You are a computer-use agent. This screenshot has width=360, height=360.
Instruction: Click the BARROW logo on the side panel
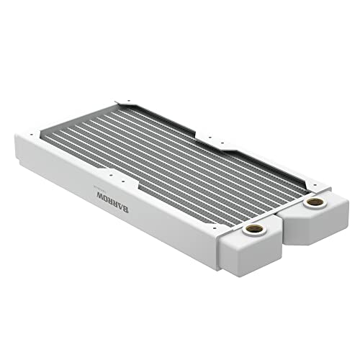pyautogui.click(x=103, y=194)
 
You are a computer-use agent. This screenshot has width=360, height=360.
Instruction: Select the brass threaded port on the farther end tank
pyautogui.click(x=313, y=204)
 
